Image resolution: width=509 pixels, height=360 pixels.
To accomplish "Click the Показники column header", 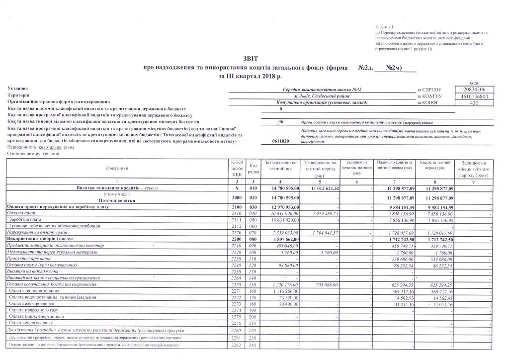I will pos(117,168).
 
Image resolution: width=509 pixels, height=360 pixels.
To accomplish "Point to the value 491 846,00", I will pos(282,245).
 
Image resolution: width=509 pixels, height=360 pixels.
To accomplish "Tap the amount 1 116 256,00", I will pos(282,290).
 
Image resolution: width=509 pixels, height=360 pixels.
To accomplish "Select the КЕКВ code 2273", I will pos(237,303).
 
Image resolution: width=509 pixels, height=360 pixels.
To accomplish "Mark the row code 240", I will pos(253,345).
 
